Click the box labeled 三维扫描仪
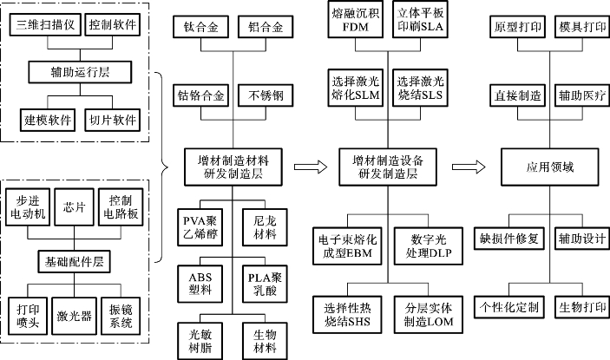(45, 25)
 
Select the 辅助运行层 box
(80, 72)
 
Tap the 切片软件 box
(113, 120)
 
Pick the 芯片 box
(74, 206)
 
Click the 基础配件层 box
(74, 262)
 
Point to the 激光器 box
(74, 316)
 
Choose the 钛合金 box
(200, 27)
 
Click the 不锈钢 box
(266, 95)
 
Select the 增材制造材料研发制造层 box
(233, 167)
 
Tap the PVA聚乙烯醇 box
(200, 227)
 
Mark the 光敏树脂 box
(200, 341)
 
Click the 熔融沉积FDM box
(356, 19)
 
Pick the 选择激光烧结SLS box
(420, 88)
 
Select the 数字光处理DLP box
(429, 246)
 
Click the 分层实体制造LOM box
(429, 315)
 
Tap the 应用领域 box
(550, 167)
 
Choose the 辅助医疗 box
(582, 95)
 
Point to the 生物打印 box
(582, 307)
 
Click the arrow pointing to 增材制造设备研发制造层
(311, 167)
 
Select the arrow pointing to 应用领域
(469, 167)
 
